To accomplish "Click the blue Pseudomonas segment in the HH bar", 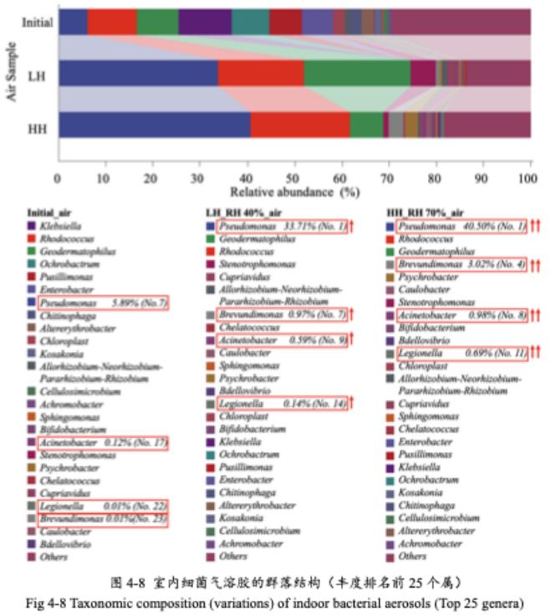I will point(155,125).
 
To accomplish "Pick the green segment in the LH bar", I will point(357,74).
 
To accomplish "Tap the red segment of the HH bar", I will point(299,125).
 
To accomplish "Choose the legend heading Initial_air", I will point(51,212).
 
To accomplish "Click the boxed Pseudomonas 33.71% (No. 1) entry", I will point(282,227).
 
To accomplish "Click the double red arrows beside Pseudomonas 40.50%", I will point(537,227).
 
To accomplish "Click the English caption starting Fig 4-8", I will point(275,603).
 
